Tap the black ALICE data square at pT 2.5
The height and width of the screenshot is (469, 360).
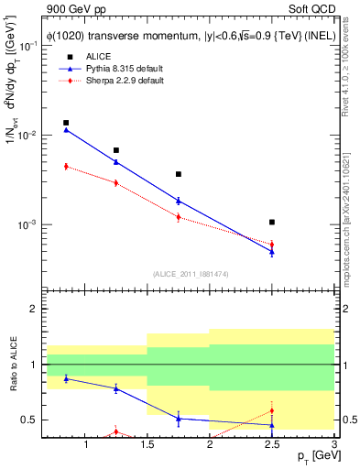(x=272, y=222)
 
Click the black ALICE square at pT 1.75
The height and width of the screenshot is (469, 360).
(x=179, y=174)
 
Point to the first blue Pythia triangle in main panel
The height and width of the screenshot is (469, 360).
(x=66, y=130)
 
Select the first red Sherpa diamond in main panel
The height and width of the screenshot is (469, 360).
(x=66, y=166)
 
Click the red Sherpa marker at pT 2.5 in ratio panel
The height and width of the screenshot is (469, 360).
(x=272, y=410)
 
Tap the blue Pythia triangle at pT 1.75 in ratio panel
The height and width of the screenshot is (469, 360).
(x=179, y=419)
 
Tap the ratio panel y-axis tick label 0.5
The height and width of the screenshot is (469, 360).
(x=28, y=420)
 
